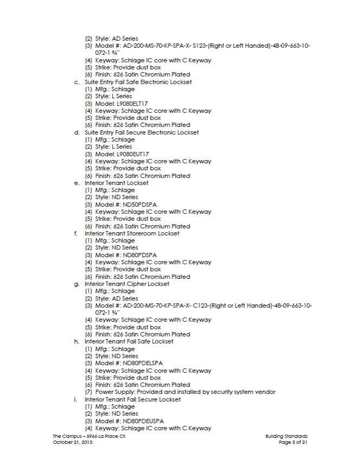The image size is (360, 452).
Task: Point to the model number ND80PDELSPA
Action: tap(140, 363)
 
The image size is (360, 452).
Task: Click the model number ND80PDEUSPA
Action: tap(140, 421)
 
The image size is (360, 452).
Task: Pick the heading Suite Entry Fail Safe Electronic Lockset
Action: tap(138, 82)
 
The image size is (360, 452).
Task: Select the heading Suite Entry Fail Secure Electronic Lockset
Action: tap(142, 132)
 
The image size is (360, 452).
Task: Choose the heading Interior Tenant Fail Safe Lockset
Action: tap(129, 341)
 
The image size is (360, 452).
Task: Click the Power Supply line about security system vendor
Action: tap(185, 392)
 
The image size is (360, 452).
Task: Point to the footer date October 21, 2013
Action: tap(73, 443)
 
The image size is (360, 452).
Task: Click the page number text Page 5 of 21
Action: tap(293, 443)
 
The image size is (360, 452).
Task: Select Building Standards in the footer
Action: tap(287, 436)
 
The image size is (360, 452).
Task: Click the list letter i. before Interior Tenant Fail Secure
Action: tap(76, 399)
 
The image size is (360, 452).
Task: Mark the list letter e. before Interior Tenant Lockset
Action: tap(76, 183)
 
